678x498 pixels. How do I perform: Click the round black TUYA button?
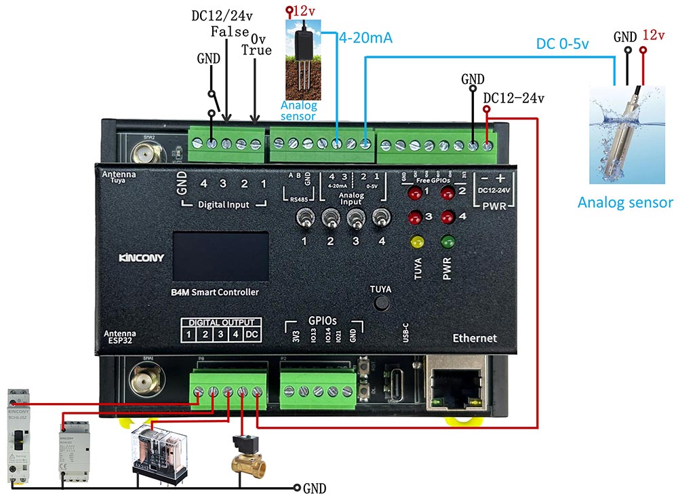(x=382, y=303)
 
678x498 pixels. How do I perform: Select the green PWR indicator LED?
(x=447, y=242)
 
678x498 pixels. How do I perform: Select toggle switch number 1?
(x=305, y=220)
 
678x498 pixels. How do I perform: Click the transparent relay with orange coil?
(x=157, y=448)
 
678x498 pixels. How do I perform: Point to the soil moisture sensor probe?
(x=304, y=61)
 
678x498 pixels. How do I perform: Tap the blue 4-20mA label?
(x=365, y=38)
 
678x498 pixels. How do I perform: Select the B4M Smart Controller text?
(x=216, y=292)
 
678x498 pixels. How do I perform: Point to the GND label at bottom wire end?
(x=315, y=488)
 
